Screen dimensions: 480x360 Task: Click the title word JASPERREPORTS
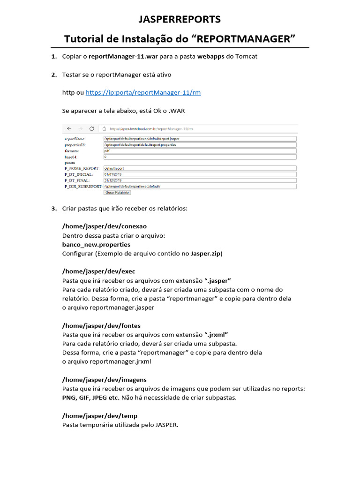click(x=180, y=20)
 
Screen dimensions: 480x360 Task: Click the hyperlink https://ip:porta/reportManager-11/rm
click(x=143, y=93)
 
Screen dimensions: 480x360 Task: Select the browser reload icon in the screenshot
click(x=91, y=128)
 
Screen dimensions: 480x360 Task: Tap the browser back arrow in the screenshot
click(x=69, y=128)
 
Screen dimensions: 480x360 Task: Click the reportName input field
click(x=200, y=139)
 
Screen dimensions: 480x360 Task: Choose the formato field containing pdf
click(x=200, y=151)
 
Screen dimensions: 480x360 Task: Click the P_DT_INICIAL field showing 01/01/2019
click(x=200, y=174)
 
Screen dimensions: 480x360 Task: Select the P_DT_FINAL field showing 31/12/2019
click(x=200, y=180)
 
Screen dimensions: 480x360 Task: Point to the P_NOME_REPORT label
click(x=82, y=168)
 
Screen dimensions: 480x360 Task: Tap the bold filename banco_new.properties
click(x=96, y=245)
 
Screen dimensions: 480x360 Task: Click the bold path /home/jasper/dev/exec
click(x=98, y=271)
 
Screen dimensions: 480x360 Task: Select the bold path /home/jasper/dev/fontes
click(x=101, y=326)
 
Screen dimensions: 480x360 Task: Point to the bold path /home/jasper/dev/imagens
click(x=105, y=380)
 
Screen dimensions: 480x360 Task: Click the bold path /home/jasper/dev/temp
click(x=99, y=416)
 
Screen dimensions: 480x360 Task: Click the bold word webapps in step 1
click(x=210, y=57)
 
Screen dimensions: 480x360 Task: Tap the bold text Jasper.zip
click(x=205, y=254)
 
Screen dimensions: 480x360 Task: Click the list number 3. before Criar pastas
click(x=54, y=208)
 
